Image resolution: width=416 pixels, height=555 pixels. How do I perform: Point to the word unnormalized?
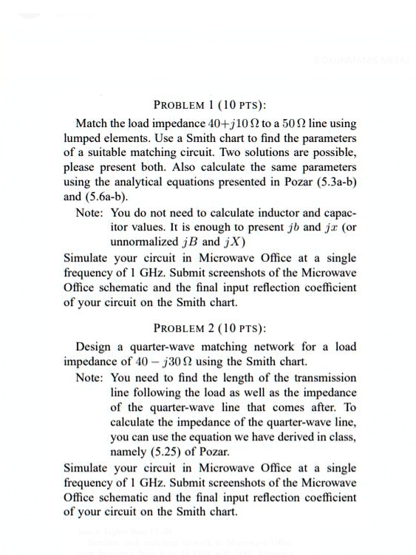143,242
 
